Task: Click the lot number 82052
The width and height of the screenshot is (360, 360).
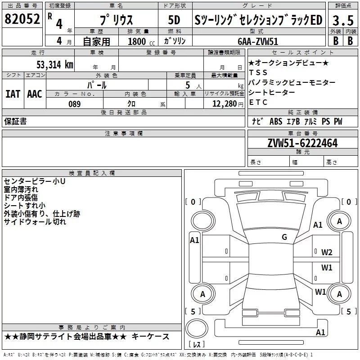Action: tap(22, 19)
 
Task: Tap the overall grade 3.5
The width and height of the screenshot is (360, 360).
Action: tap(343, 20)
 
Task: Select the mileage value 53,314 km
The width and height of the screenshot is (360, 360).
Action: tap(55, 65)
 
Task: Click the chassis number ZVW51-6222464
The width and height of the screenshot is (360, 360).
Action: tap(302, 143)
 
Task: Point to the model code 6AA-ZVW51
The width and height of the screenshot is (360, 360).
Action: tap(258, 41)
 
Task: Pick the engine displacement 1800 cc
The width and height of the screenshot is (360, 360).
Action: tap(141, 41)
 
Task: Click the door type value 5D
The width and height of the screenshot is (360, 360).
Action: tap(174, 20)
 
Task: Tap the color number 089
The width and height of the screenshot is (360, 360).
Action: tap(75, 104)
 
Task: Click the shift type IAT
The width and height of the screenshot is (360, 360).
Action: tap(13, 94)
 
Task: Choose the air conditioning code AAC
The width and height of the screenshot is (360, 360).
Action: tap(35, 94)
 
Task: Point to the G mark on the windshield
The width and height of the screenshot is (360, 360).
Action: tap(284, 237)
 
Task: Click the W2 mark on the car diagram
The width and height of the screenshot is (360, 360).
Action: tap(327, 252)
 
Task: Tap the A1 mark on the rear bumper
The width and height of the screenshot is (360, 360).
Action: tap(320, 332)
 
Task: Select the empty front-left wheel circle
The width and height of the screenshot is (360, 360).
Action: tap(202, 221)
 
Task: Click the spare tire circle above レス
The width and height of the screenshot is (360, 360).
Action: tap(197, 328)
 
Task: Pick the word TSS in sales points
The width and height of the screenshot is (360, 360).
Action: tap(258, 72)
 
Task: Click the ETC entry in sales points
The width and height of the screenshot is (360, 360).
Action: tap(258, 103)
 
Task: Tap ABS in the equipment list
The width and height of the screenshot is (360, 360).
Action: tap(276, 121)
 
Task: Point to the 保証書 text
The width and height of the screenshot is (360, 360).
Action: tap(15, 121)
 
